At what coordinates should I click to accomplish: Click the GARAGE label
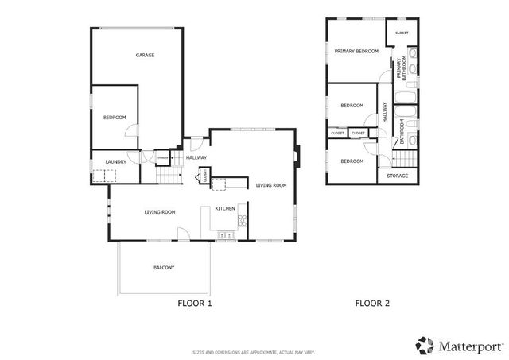144,55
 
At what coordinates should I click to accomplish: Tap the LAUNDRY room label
116,162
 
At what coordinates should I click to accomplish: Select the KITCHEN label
224,208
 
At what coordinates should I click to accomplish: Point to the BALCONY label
164,268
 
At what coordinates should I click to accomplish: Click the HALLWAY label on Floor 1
196,157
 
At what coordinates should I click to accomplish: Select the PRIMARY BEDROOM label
356,51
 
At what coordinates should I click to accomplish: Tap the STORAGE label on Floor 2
398,176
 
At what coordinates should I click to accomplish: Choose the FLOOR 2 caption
372,303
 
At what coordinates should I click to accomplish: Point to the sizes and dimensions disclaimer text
254,351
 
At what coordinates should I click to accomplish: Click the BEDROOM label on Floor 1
115,118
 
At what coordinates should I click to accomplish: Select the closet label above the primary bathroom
401,33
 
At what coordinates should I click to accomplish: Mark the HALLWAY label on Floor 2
384,114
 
